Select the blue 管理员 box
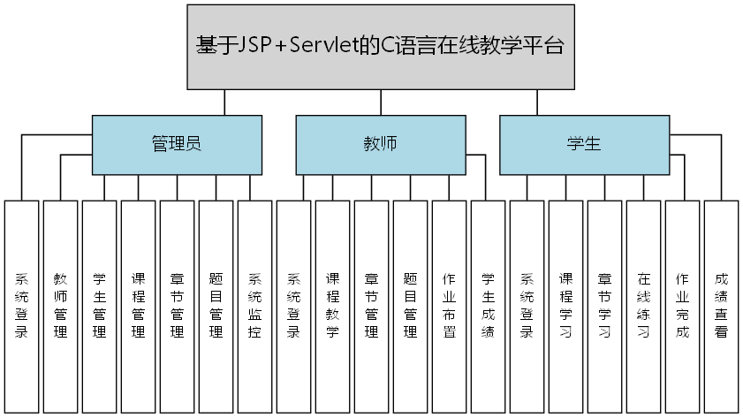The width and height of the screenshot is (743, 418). pos(177,145)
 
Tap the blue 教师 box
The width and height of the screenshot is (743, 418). pos(380,145)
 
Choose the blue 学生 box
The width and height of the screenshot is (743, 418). pos(584,145)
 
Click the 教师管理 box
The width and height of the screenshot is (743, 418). pos(60,306)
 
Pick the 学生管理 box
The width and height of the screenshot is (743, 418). pos(99,306)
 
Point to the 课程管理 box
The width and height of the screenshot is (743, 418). pos(138,306)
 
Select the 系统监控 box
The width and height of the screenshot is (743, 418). pos(254,306)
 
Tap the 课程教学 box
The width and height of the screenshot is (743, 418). pos(332,306)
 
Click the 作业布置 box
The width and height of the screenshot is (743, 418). pos(449,306)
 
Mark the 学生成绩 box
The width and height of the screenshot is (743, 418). pos(488,306)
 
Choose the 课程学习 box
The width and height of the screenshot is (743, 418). pos(565,306)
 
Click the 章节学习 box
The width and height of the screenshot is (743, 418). pos(604,306)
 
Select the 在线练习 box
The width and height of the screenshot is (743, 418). pos(643,306)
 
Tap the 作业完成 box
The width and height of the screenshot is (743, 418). pos(682,306)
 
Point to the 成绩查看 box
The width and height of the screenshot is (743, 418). pos(721,306)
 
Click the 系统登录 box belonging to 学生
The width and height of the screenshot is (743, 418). pos(527,306)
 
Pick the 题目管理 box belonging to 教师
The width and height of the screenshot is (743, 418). pos(410,306)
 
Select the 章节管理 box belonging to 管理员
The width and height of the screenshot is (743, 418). pos(177,306)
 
